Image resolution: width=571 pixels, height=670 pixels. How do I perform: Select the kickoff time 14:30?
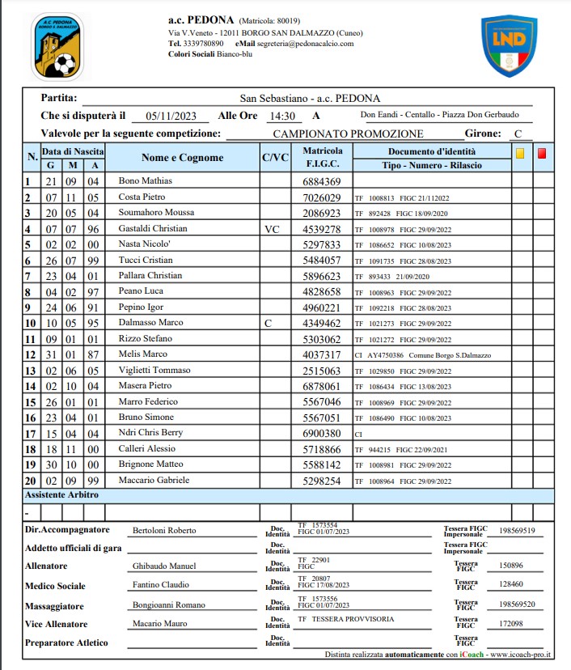click(x=282, y=116)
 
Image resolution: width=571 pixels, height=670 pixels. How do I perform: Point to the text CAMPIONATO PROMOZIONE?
click(x=348, y=134)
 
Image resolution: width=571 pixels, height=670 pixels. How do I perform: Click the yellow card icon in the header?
click(x=521, y=152)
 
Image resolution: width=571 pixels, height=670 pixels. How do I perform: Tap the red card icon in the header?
click(x=542, y=152)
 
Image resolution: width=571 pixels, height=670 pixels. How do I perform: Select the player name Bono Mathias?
click(x=145, y=182)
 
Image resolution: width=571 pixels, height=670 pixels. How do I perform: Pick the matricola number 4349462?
click(x=322, y=324)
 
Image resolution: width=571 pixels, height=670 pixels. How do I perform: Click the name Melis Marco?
click(x=142, y=354)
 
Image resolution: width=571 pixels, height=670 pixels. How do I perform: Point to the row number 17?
click(x=31, y=434)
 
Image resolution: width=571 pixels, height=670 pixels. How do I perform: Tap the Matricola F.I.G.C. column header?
click(x=322, y=158)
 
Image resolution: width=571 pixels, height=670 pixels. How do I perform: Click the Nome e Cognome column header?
click(x=182, y=158)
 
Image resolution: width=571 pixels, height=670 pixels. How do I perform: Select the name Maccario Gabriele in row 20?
click(x=154, y=481)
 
